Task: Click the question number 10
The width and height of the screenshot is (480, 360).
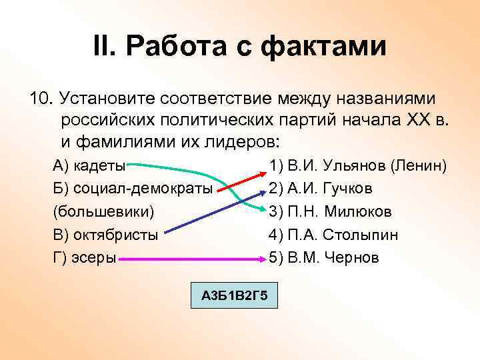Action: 41,99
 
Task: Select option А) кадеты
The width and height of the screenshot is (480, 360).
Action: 89,165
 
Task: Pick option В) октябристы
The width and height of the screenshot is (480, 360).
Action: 105,235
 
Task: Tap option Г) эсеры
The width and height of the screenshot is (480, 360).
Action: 84,257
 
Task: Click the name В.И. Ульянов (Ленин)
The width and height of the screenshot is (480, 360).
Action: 357,165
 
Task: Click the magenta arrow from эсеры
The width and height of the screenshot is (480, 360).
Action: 193,258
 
